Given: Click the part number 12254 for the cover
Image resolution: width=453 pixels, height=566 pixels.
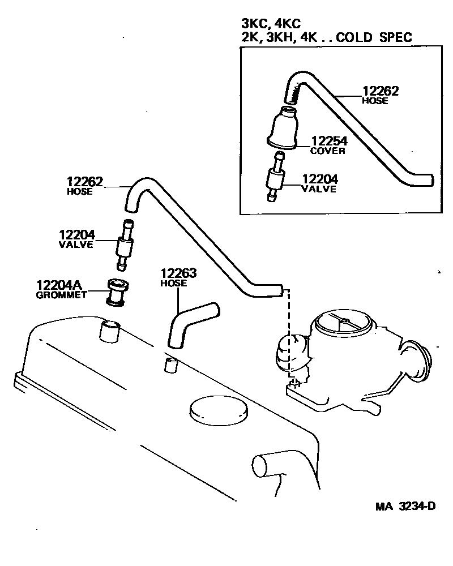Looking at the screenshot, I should click(x=328, y=142).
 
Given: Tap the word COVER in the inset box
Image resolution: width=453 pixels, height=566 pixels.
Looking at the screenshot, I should click(x=328, y=151).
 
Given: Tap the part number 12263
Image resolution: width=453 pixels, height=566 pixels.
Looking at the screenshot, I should click(x=178, y=273).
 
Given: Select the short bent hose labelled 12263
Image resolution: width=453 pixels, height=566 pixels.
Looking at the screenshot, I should click(x=191, y=325).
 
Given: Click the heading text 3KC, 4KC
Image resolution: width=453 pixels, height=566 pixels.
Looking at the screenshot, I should click(x=271, y=23).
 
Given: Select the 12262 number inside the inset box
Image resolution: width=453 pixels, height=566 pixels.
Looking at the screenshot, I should click(x=381, y=91).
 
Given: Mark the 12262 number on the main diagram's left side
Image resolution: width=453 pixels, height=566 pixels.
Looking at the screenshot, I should click(x=85, y=182).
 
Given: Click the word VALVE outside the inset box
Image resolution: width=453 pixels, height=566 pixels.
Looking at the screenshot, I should click(x=76, y=245).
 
